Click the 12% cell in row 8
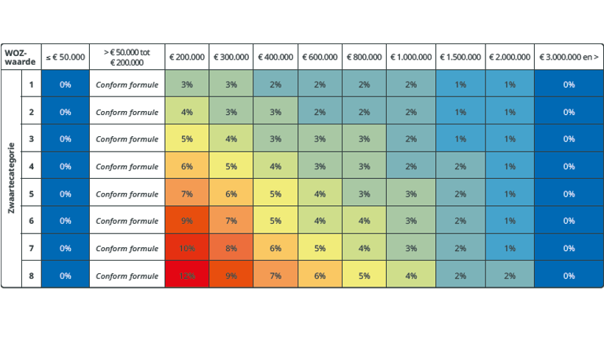point(187,275)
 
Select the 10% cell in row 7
point(187,248)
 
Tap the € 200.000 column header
point(187,57)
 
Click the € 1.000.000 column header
point(411,57)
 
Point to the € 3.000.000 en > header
point(569,57)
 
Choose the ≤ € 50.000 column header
point(66,57)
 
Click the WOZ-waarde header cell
point(20,57)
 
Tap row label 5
point(32,194)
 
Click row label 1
point(32,85)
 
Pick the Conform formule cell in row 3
point(127,139)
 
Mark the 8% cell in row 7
point(231,248)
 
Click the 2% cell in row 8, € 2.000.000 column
point(510,275)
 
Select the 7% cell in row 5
point(187,194)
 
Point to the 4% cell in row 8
point(411,275)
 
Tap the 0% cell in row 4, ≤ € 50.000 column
point(66,166)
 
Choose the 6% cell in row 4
point(187,166)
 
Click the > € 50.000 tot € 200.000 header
point(127,57)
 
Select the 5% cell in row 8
point(365,275)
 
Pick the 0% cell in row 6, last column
point(569,221)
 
